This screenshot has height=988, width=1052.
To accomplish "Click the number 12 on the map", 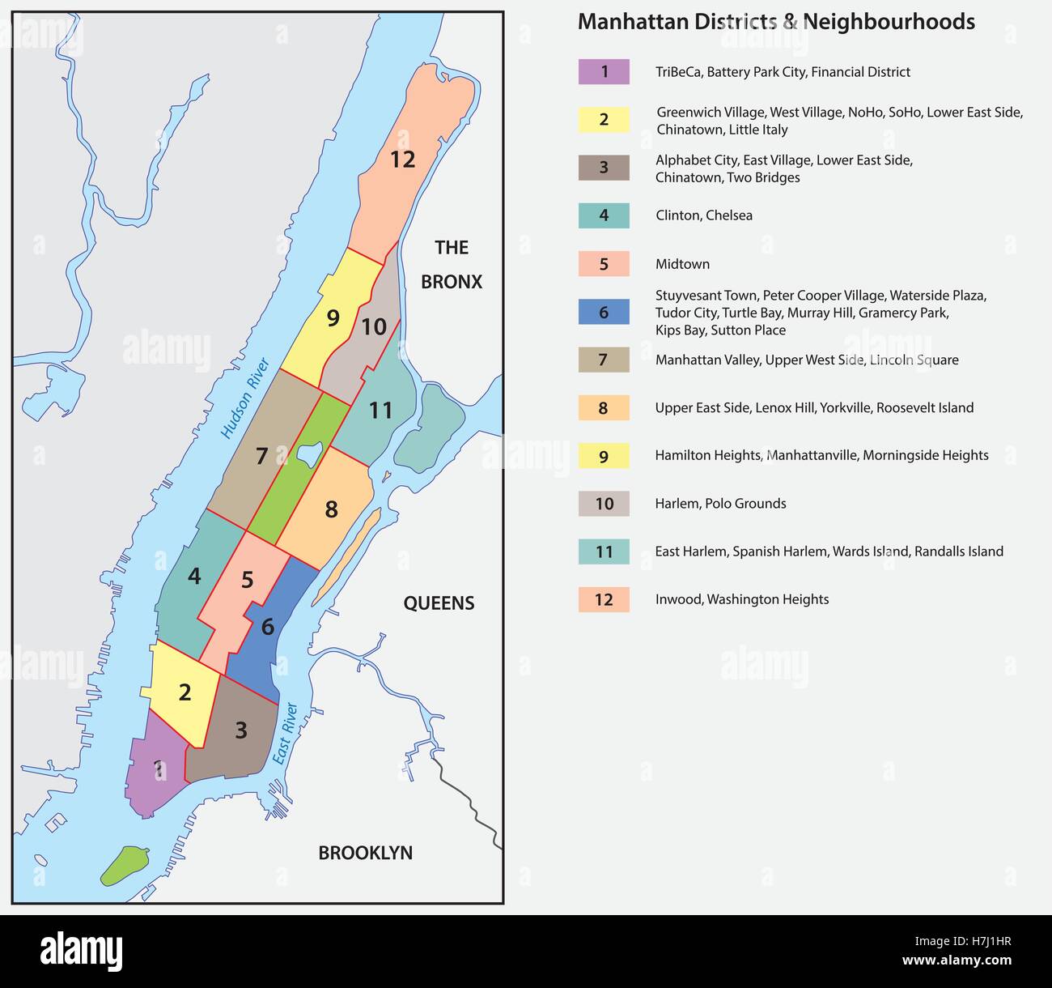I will (402, 160).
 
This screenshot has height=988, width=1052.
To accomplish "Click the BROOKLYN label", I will (365, 853).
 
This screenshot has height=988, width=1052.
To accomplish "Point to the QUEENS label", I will (439, 603).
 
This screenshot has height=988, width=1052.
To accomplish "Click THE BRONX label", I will (452, 265).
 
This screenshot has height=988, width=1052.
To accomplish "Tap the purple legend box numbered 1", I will (604, 72).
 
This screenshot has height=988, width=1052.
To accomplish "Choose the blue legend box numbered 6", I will (604, 313).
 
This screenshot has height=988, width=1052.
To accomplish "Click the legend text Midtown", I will (682, 264).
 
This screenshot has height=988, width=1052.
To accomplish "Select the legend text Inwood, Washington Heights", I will (741, 599).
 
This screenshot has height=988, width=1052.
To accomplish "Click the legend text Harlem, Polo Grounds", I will (720, 504).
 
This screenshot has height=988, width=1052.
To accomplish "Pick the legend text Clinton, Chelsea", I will (703, 215).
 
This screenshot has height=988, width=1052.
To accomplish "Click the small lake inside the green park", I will (309, 454).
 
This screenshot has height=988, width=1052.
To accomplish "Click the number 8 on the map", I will (331, 509).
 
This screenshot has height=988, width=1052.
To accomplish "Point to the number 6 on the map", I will (267, 627).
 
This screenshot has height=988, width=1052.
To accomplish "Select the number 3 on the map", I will (240, 730).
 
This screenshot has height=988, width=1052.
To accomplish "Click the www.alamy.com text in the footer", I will (957, 961).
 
